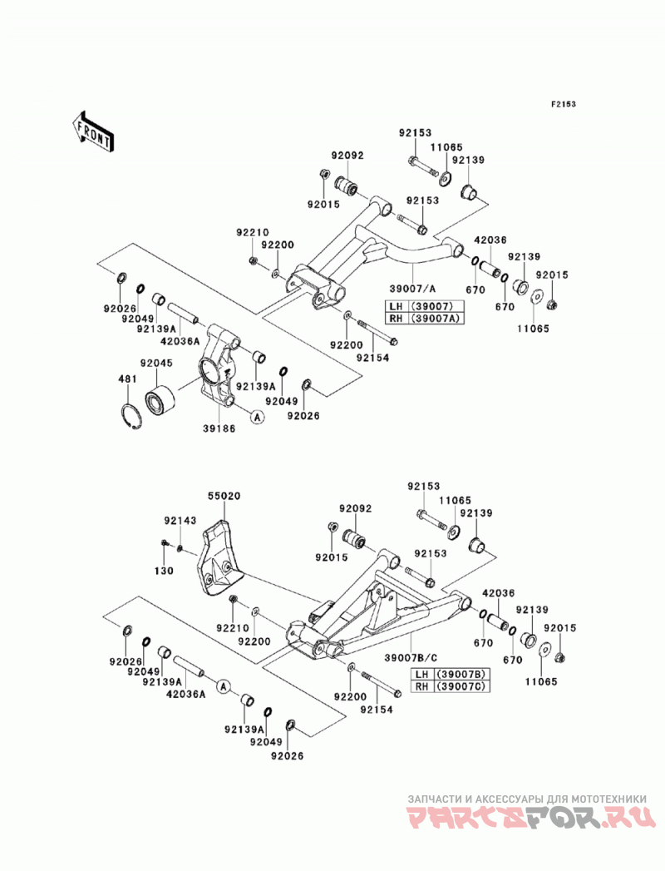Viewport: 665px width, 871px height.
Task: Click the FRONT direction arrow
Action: coord(92,131)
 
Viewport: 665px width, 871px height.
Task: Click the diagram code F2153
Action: coord(563,104)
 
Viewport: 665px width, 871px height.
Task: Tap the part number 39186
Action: coord(219,428)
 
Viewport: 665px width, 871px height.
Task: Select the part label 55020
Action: coord(224,496)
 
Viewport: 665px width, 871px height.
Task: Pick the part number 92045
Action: coord(156,364)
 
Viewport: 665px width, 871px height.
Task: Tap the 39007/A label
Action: coord(412,289)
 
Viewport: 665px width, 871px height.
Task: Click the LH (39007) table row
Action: coord(425,306)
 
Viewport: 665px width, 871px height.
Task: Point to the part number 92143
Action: coord(180,521)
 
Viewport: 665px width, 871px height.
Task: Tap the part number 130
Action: coord(164,571)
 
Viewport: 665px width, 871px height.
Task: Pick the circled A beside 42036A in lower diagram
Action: coord(223,687)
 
